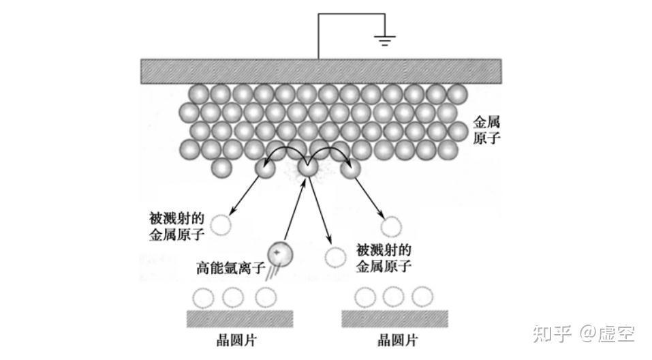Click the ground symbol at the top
tap(385, 40)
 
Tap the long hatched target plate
tap(321, 72)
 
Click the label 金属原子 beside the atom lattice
tap(486, 130)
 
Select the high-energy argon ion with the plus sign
tap(280, 254)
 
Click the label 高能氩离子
tap(230, 267)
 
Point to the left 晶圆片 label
tap(236, 340)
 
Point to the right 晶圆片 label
tap(397, 340)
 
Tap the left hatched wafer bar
tap(240, 319)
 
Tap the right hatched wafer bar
tap(394, 319)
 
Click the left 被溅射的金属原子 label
tap(176, 226)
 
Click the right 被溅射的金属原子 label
tap(384, 258)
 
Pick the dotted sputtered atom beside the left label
tap(221, 225)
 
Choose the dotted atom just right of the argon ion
tap(336, 258)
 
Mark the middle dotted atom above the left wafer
tap(233, 297)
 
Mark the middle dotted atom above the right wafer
tap(393, 297)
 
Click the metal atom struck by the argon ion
tap(308, 168)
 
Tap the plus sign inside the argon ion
tap(276, 252)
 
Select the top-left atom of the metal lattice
tap(199, 94)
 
